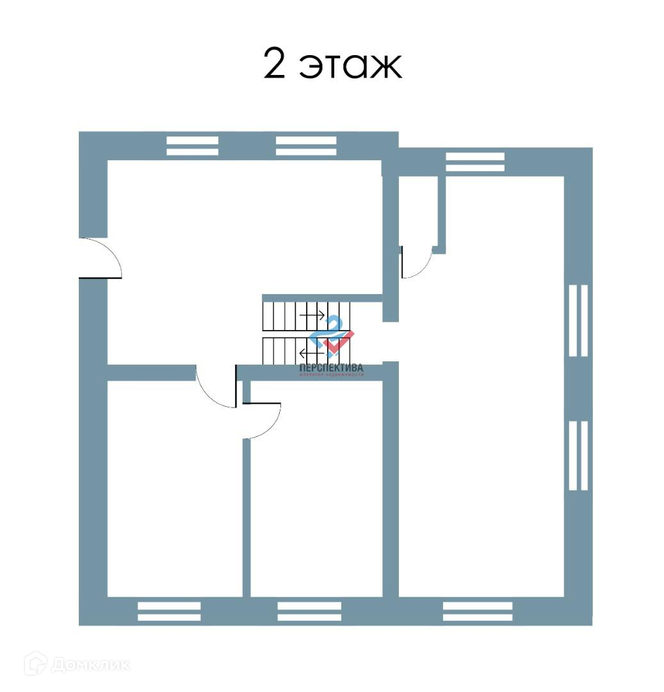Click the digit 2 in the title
click(274, 65)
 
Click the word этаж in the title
click(351, 67)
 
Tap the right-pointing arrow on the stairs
click(312, 315)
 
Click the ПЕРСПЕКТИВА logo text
click(331, 368)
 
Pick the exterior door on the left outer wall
click(100, 258)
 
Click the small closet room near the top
click(418, 211)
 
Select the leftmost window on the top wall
click(192, 145)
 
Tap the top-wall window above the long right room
click(474, 161)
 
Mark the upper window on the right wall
click(578, 320)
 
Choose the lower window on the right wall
click(578, 456)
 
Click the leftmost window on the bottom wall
click(169, 611)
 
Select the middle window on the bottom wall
click(309, 611)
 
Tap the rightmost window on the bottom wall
click(478, 611)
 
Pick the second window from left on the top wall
click(306, 145)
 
